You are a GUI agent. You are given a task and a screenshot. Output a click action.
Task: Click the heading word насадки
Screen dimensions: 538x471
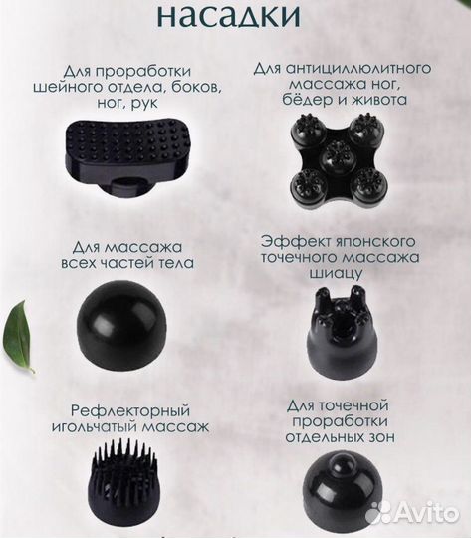(235, 17)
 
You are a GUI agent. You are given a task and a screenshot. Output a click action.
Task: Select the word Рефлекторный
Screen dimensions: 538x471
(122, 410)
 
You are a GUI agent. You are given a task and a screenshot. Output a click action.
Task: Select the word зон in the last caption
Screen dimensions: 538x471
(379, 436)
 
